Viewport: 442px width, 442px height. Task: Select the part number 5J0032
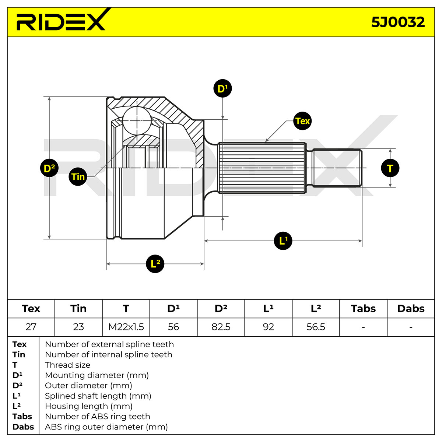coord(398,22)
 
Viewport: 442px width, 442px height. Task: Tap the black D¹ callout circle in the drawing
coord(222,88)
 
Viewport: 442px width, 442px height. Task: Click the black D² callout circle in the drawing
coord(49,168)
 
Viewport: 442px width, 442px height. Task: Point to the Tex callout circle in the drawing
coord(302,121)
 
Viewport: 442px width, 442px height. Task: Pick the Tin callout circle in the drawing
coord(78,176)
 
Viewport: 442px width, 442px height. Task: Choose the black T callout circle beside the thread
coord(390,168)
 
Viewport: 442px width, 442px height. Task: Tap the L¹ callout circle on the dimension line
coord(283,241)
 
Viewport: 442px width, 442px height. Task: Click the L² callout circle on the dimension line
coord(155,264)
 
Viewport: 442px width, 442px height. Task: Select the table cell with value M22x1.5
coord(126,327)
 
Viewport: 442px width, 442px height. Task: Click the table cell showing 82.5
coord(221,327)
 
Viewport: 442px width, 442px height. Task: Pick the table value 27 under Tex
coord(31,327)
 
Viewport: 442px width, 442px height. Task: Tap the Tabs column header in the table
coord(363,309)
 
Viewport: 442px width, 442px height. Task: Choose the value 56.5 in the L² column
coord(316,327)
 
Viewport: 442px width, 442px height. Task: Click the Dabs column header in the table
coord(411,309)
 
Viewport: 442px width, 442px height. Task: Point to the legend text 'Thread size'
coord(68,365)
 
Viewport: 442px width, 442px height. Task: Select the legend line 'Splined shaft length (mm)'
coord(98,396)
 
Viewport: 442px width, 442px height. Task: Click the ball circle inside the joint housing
coord(137,121)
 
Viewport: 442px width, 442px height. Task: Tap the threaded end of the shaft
coord(337,168)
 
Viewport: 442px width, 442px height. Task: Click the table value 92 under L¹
coord(269,327)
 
